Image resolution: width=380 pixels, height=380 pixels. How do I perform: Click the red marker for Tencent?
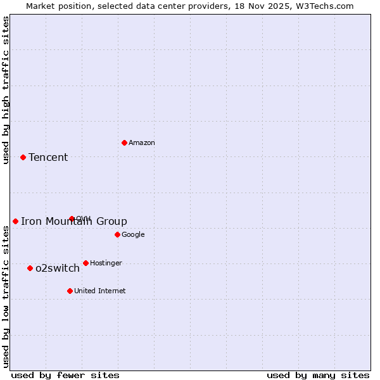pyautogui.click(x=23, y=157)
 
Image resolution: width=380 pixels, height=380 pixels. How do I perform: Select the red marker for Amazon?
pyautogui.click(x=124, y=142)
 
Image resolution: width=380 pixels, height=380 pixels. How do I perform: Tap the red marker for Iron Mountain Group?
pyautogui.click(x=15, y=221)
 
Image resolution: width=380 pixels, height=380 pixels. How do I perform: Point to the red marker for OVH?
pyautogui.click(x=72, y=218)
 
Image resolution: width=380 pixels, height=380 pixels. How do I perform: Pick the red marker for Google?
pyautogui.click(x=117, y=234)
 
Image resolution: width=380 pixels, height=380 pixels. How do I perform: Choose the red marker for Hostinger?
pyautogui.click(x=85, y=263)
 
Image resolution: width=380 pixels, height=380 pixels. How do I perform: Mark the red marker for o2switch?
pyautogui.click(x=30, y=268)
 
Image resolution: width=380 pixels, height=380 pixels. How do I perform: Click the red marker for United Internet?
pyautogui.click(x=70, y=291)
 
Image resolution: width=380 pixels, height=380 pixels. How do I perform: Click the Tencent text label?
pyautogui.click(x=48, y=157)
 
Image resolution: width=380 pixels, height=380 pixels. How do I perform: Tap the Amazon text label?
pyautogui.click(x=142, y=142)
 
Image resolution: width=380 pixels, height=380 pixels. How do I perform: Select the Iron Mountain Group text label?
pyautogui.click(x=74, y=221)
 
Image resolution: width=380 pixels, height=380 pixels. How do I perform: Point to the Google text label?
pyautogui.click(x=133, y=234)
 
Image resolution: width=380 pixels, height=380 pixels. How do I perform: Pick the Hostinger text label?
pyautogui.click(x=106, y=263)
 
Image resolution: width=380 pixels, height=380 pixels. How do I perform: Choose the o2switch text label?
pyautogui.click(x=58, y=268)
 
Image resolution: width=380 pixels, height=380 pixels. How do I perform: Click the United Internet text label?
pyautogui.click(x=100, y=291)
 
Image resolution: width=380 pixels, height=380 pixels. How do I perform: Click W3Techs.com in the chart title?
pyautogui.click(x=324, y=6)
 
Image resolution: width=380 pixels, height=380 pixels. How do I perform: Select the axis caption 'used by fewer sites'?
pyautogui.click(x=65, y=375)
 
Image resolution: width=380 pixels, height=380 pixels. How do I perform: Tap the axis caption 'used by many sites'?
pyautogui.click(x=318, y=375)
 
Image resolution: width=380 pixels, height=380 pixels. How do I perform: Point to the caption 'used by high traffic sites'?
pyautogui.click(x=6, y=90)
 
